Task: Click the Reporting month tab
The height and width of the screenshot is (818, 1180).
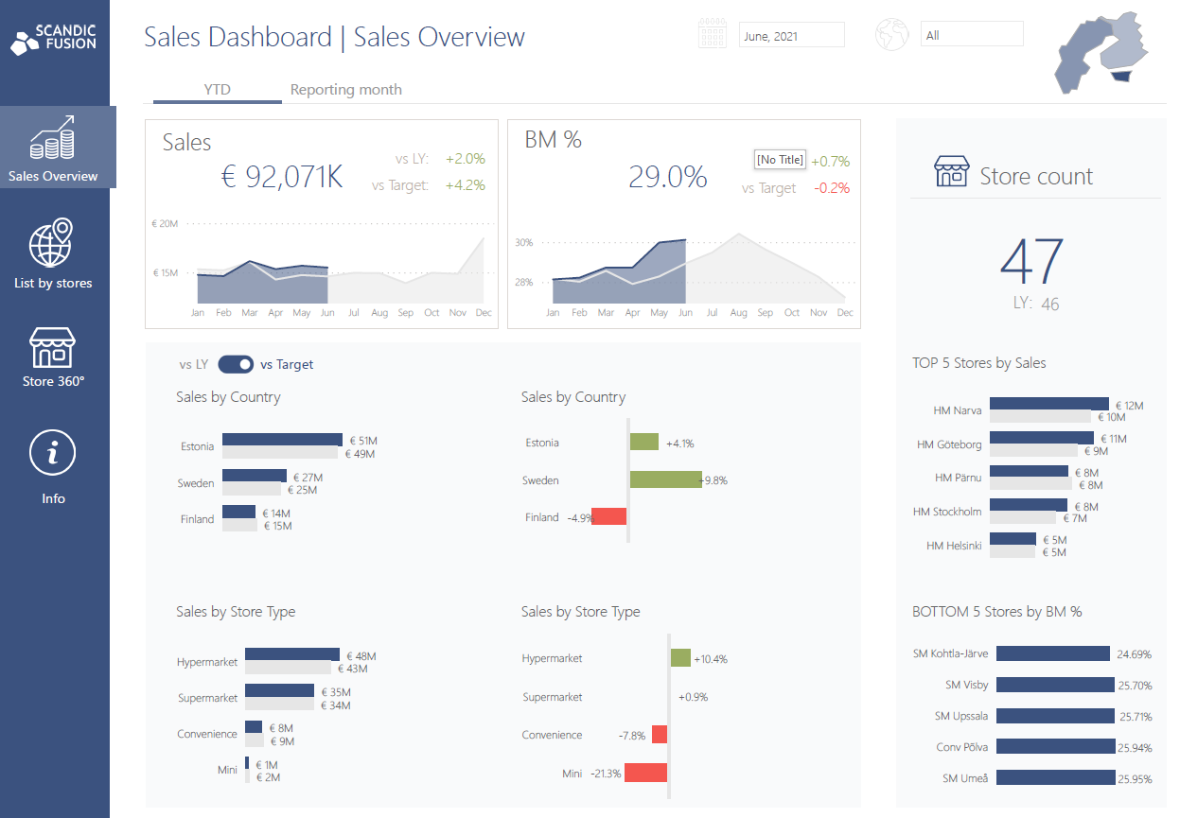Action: coord(345,90)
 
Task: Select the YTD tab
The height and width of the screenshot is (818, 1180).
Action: coord(217,90)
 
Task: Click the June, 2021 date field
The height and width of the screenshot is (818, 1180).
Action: coord(791,36)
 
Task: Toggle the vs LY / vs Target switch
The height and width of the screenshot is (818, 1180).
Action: coord(236,364)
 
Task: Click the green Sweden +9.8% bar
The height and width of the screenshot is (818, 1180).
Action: coord(665,480)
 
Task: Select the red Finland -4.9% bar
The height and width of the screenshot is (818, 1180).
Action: coord(608,516)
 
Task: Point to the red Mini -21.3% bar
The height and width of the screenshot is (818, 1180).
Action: coord(644,773)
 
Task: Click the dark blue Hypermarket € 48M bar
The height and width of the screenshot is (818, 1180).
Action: coord(291,654)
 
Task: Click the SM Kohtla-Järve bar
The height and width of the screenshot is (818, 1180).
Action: coord(1052,653)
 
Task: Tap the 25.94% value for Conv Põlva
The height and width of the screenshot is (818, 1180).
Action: coord(1134,748)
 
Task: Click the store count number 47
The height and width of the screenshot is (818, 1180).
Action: coord(1031,262)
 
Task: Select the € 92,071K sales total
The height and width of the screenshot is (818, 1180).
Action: coord(281,177)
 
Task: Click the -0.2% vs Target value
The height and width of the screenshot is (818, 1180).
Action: coord(831,188)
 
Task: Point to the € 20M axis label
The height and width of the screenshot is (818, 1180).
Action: coord(165,224)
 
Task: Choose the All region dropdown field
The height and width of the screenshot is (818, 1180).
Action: coord(971,35)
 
